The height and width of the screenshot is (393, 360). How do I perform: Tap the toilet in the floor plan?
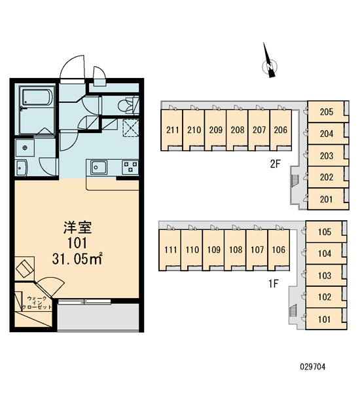click(128, 105)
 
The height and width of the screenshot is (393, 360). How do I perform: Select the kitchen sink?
click(99, 167)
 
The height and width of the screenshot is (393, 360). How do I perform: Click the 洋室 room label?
click(77, 227)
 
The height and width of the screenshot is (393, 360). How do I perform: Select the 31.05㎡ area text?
click(77, 259)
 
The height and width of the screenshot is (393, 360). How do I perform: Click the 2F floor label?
click(275, 164)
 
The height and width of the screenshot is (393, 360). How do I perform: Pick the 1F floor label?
click(274, 284)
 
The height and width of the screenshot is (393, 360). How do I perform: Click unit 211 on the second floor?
click(171, 130)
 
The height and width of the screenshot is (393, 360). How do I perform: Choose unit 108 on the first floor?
click(235, 250)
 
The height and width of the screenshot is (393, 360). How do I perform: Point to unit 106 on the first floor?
click(279, 250)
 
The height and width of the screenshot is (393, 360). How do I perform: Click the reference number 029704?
click(313, 367)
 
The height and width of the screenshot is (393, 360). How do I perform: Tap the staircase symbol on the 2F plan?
click(295, 179)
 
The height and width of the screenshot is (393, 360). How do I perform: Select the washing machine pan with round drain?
click(25, 148)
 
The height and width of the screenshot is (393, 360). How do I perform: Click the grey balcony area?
click(98, 317)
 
